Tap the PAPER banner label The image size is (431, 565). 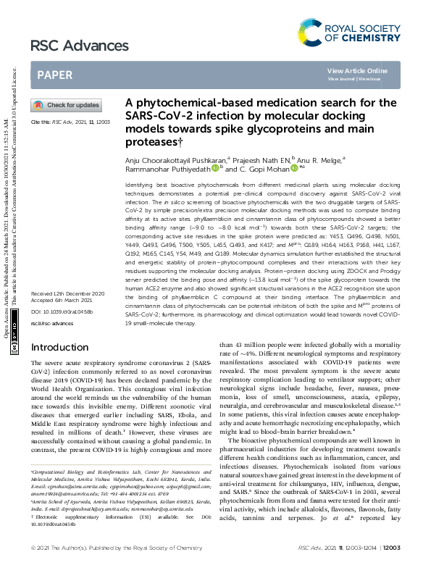pyautogui.click(x=54, y=75)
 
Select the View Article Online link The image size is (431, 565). pyautogui.click(x=357, y=70)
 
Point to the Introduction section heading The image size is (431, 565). pyautogui.click(x=59, y=348)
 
